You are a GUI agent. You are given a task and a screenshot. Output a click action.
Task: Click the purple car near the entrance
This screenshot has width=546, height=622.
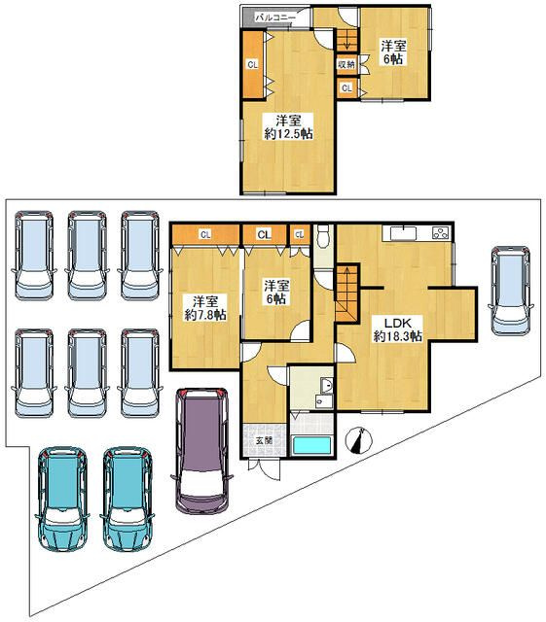(201, 451)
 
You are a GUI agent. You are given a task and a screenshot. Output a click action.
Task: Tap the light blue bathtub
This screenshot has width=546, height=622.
(312, 445)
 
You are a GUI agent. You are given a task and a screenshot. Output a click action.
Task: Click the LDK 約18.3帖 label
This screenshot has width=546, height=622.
(397, 329)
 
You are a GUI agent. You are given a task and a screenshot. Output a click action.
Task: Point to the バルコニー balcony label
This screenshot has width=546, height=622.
(275, 17)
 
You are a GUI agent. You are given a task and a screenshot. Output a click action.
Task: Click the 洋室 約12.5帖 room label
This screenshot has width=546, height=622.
(288, 127)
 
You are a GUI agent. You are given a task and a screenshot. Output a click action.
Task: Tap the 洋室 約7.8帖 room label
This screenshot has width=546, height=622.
(205, 308)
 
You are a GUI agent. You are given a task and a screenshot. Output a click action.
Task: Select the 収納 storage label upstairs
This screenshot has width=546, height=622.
(346, 63)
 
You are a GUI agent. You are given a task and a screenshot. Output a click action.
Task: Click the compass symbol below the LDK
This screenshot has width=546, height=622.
(359, 440)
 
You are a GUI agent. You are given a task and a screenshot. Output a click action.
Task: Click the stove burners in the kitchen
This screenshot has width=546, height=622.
(441, 233)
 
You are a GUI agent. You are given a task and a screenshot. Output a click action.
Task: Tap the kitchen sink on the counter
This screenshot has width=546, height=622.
(403, 233)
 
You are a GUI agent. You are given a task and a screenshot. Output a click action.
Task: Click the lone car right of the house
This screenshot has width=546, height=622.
(510, 291)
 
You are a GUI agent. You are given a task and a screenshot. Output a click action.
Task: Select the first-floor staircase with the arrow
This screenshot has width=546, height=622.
(347, 294)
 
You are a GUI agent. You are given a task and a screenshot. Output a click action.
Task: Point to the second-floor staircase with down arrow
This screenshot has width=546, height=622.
(346, 40)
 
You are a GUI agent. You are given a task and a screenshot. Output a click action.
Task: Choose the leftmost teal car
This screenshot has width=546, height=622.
(61, 499)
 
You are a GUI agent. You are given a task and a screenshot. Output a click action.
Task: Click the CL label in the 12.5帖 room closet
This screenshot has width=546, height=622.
(252, 64)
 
